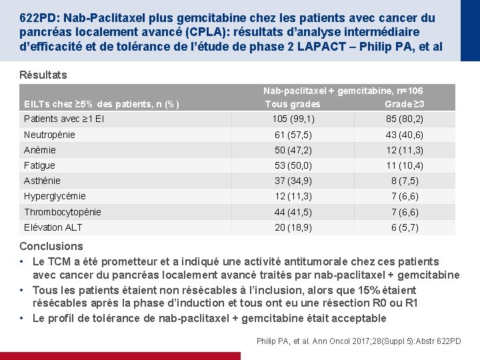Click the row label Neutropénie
(49, 135)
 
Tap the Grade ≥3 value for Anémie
(404, 150)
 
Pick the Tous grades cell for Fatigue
(293, 165)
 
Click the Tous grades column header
(292, 104)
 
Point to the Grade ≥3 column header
(405, 104)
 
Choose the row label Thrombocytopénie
(63, 212)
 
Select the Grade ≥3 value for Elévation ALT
(404, 227)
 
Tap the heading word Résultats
(43, 75)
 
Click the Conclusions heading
(51, 247)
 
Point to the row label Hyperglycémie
(55, 196)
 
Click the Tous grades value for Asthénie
(293, 181)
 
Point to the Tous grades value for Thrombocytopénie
(293, 212)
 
